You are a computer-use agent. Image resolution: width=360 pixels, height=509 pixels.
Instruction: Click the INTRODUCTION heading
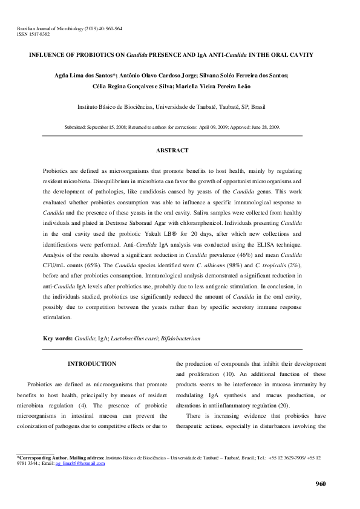(92, 364)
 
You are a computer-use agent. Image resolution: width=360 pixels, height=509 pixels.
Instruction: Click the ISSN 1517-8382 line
(34, 34)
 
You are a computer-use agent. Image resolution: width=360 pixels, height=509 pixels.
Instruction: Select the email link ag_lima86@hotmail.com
(81, 463)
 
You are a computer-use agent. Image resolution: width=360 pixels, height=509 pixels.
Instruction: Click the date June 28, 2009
(264, 128)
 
